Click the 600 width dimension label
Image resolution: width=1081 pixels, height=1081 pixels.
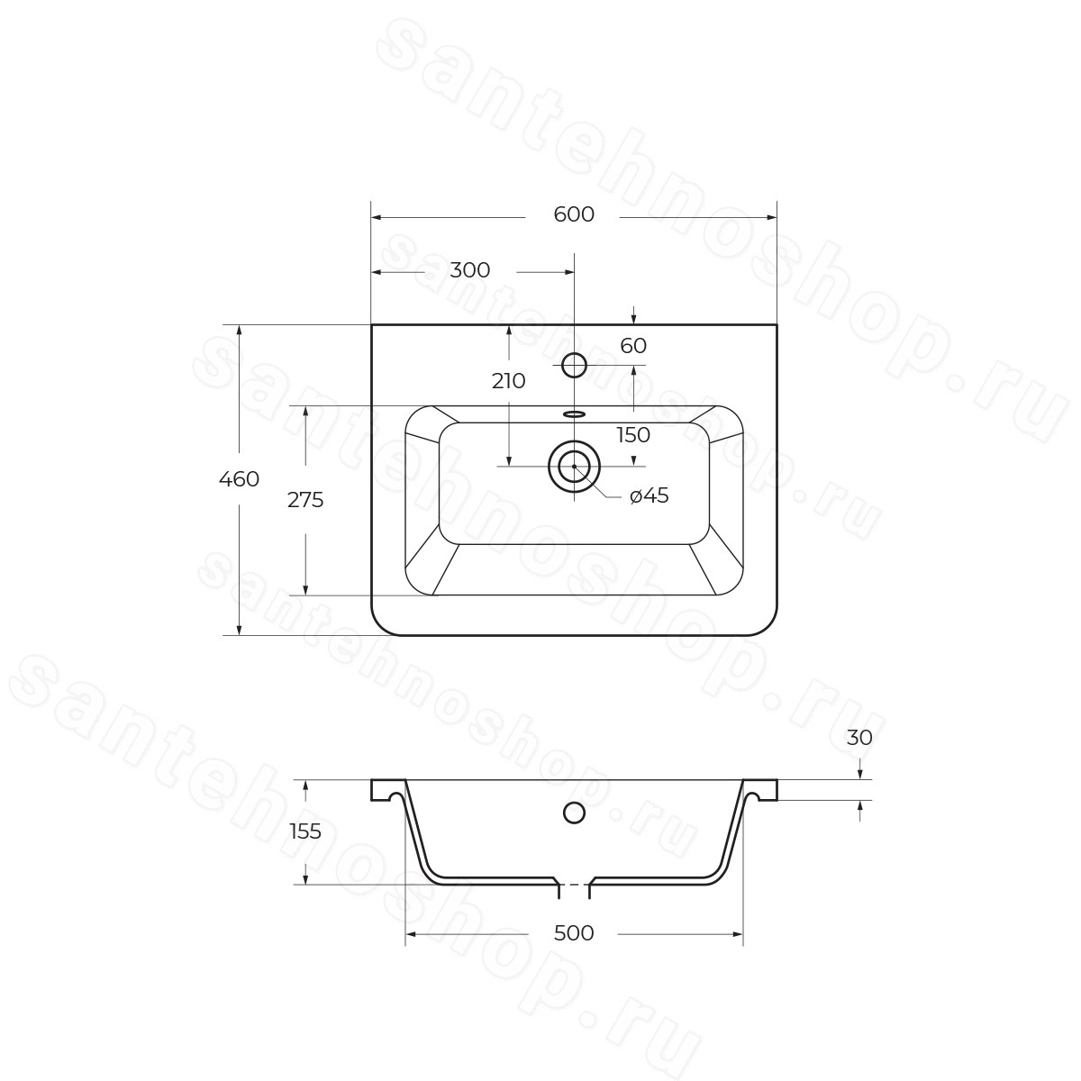coord(573,214)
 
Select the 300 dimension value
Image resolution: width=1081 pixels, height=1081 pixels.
coord(470,270)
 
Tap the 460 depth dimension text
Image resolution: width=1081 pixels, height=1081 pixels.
coord(239,479)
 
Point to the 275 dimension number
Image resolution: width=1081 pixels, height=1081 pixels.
coord(305,499)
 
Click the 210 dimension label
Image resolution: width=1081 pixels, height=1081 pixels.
coord(509,381)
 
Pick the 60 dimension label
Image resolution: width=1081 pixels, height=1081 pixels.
coord(633,346)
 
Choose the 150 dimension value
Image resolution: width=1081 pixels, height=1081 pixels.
coord(633,435)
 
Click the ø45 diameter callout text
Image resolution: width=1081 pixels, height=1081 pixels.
coord(649,495)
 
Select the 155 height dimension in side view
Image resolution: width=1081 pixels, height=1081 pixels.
coord(305,831)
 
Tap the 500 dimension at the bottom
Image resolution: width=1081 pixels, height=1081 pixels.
coord(573,933)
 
